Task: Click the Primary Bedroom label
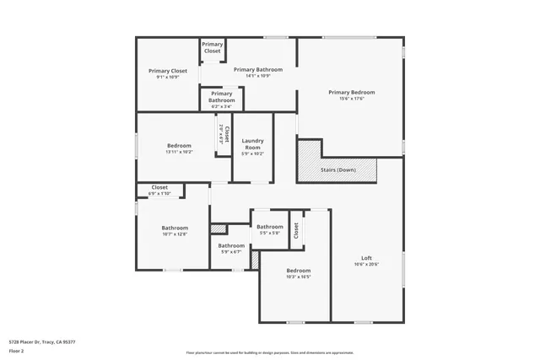click(x=351, y=92)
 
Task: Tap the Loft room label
click(x=366, y=257)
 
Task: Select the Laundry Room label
click(x=252, y=143)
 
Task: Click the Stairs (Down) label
click(x=338, y=169)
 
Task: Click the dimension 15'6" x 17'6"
click(x=351, y=99)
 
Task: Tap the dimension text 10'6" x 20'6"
click(x=366, y=264)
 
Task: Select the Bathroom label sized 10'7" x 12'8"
click(x=175, y=228)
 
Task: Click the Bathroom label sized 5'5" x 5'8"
click(x=270, y=226)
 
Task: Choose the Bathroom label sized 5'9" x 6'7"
click(x=231, y=245)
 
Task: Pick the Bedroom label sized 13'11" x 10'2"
click(x=179, y=146)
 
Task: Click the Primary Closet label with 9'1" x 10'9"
click(x=168, y=71)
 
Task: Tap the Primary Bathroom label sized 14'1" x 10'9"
click(x=257, y=69)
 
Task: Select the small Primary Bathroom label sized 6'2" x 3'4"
click(x=221, y=97)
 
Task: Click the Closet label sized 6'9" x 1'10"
click(x=159, y=187)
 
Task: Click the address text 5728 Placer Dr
click(x=42, y=341)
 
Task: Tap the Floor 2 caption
click(x=18, y=351)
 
